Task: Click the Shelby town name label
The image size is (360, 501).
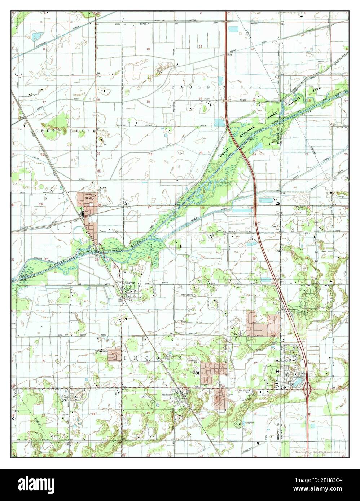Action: [88, 198]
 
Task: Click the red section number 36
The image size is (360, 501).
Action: [254, 258]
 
